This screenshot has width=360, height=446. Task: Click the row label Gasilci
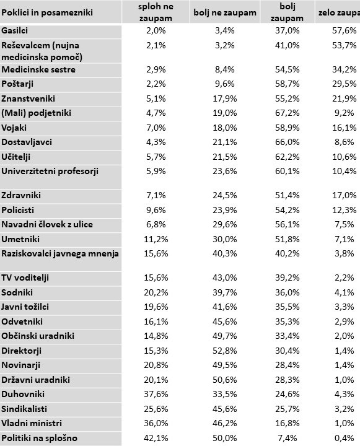tap(14, 30)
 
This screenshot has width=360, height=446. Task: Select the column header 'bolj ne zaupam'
tap(225, 12)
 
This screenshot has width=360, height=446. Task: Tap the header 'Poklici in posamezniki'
tap(47, 12)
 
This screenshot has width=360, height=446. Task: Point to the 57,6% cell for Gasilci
tap(344, 30)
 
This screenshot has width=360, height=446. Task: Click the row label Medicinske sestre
tap(38, 69)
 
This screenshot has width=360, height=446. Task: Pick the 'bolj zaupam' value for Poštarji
tap(287, 84)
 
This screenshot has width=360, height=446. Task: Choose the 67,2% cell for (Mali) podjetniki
tap(287, 113)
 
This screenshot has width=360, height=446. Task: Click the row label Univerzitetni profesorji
tap(50, 171)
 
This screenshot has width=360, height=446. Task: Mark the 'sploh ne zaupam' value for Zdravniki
tap(156, 195)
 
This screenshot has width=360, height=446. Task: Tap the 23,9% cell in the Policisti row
tap(225, 210)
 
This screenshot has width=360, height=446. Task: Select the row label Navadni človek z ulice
tap(47, 224)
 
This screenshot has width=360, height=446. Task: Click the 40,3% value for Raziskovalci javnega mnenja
tap(225, 253)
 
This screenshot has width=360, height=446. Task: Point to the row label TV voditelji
tap(25, 278)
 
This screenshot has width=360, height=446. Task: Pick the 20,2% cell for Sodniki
tap(156, 292)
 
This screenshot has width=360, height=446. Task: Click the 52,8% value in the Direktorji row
tap(225, 351)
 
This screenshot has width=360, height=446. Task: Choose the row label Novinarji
tap(21, 365)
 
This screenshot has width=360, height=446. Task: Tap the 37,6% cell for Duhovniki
tap(156, 394)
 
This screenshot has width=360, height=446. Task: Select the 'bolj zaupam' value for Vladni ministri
tap(287, 423)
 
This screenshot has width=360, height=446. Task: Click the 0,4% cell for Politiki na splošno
tap(344, 438)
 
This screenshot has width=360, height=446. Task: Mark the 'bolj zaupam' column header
tap(287, 12)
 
